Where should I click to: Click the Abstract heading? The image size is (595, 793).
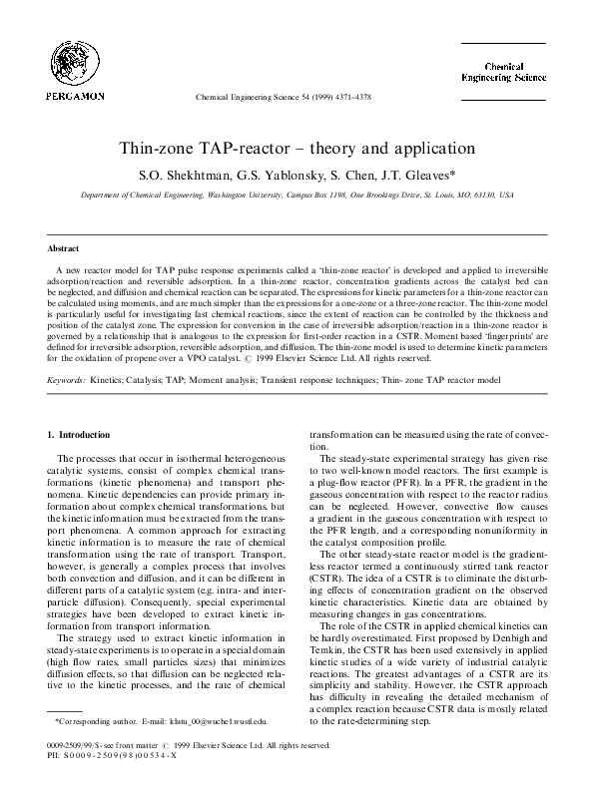point(64,247)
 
